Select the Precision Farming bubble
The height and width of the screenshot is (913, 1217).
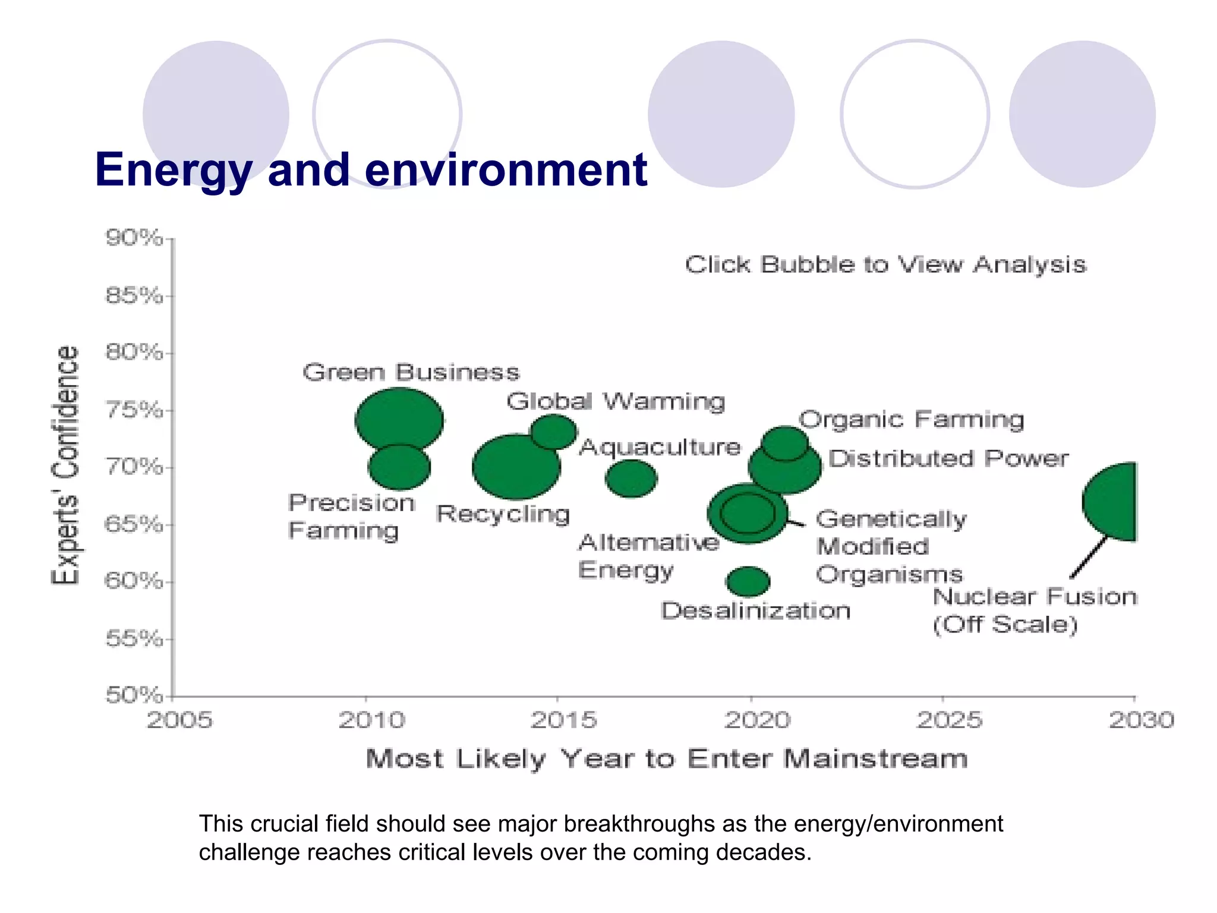[x=399, y=470]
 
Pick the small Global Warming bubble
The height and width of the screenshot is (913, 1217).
[x=554, y=431]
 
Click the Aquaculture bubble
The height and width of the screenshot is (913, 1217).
[x=631, y=478]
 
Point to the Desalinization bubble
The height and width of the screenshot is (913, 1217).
[x=748, y=581]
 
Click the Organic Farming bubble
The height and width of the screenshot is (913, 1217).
[x=785, y=442]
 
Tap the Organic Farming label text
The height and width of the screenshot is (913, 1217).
[x=911, y=420]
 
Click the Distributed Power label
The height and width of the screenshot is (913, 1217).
[x=948, y=458]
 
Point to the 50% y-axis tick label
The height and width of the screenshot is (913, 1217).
[x=134, y=694]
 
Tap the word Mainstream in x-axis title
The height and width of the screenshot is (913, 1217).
[x=875, y=759]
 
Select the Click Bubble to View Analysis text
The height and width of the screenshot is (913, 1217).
[x=885, y=265]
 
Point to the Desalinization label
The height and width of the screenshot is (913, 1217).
[x=755, y=611]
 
